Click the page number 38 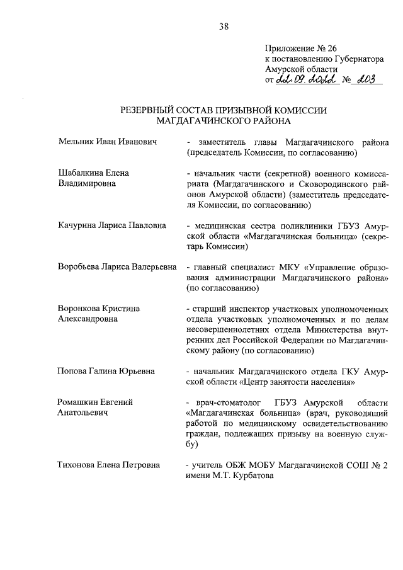coord(224,26)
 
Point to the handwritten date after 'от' coord(306,79)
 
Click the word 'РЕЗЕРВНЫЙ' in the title coord(151,110)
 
